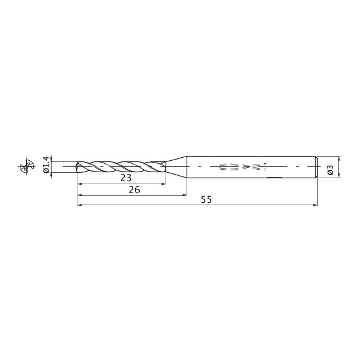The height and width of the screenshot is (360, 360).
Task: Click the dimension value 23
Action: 126,178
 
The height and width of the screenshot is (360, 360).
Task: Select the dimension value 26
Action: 134,190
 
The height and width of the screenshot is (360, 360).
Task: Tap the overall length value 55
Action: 206,200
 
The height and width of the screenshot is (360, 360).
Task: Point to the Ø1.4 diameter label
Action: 46,164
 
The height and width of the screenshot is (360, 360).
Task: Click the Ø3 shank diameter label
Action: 330,170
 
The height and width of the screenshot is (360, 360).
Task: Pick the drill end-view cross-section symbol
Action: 26,166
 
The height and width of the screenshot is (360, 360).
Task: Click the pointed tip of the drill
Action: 77,166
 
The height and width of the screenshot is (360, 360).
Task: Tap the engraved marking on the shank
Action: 243,166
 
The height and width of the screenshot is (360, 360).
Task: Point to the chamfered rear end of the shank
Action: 316,167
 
